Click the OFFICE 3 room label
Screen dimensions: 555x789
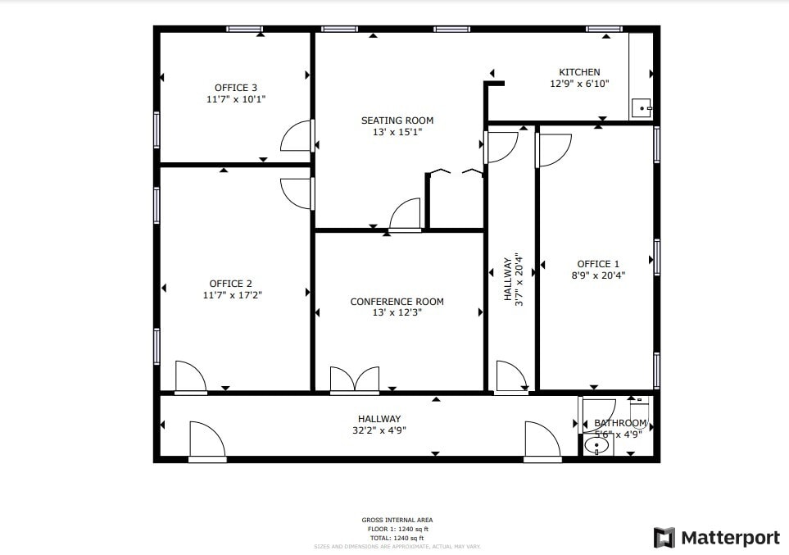(236, 88)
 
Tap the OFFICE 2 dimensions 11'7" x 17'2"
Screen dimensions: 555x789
(236, 295)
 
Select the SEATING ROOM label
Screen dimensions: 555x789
(397, 121)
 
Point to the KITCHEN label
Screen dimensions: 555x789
(579, 72)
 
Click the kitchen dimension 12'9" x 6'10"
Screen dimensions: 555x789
(579, 84)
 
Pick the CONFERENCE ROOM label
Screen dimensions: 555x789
(397, 302)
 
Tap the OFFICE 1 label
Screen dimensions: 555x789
(599, 264)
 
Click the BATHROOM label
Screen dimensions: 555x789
(620, 423)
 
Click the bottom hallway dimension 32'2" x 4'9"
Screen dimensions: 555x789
(379, 430)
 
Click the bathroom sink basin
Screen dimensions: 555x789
(598, 446)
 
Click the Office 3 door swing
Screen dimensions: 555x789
(297, 137)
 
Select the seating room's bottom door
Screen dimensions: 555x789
(405, 215)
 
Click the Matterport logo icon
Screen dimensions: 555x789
(664, 538)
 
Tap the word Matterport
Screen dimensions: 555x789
(731, 538)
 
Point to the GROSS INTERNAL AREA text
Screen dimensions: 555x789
(397, 520)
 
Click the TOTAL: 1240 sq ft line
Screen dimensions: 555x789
(397, 538)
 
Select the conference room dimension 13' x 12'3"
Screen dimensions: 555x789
(397, 312)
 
